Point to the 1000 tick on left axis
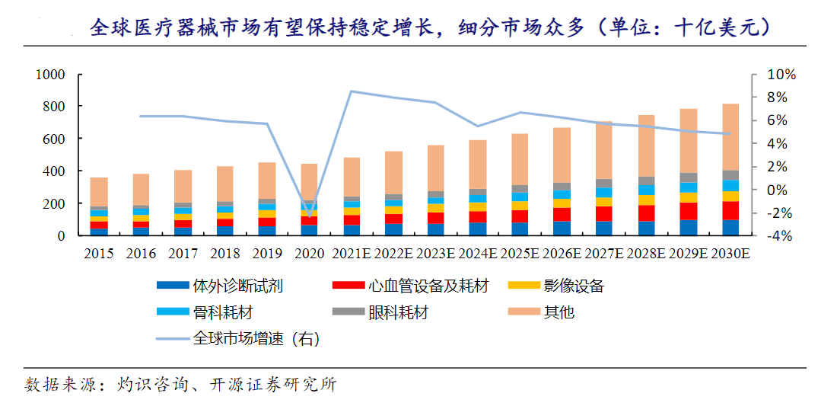tap(50, 75)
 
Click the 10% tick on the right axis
tap(781, 75)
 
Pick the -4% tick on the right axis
tap(781, 236)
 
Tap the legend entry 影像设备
tap(574, 286)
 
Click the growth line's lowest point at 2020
tap(309, 217)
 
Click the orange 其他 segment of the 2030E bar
tap(730, 137)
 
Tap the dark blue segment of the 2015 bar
tap(99, 232)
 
